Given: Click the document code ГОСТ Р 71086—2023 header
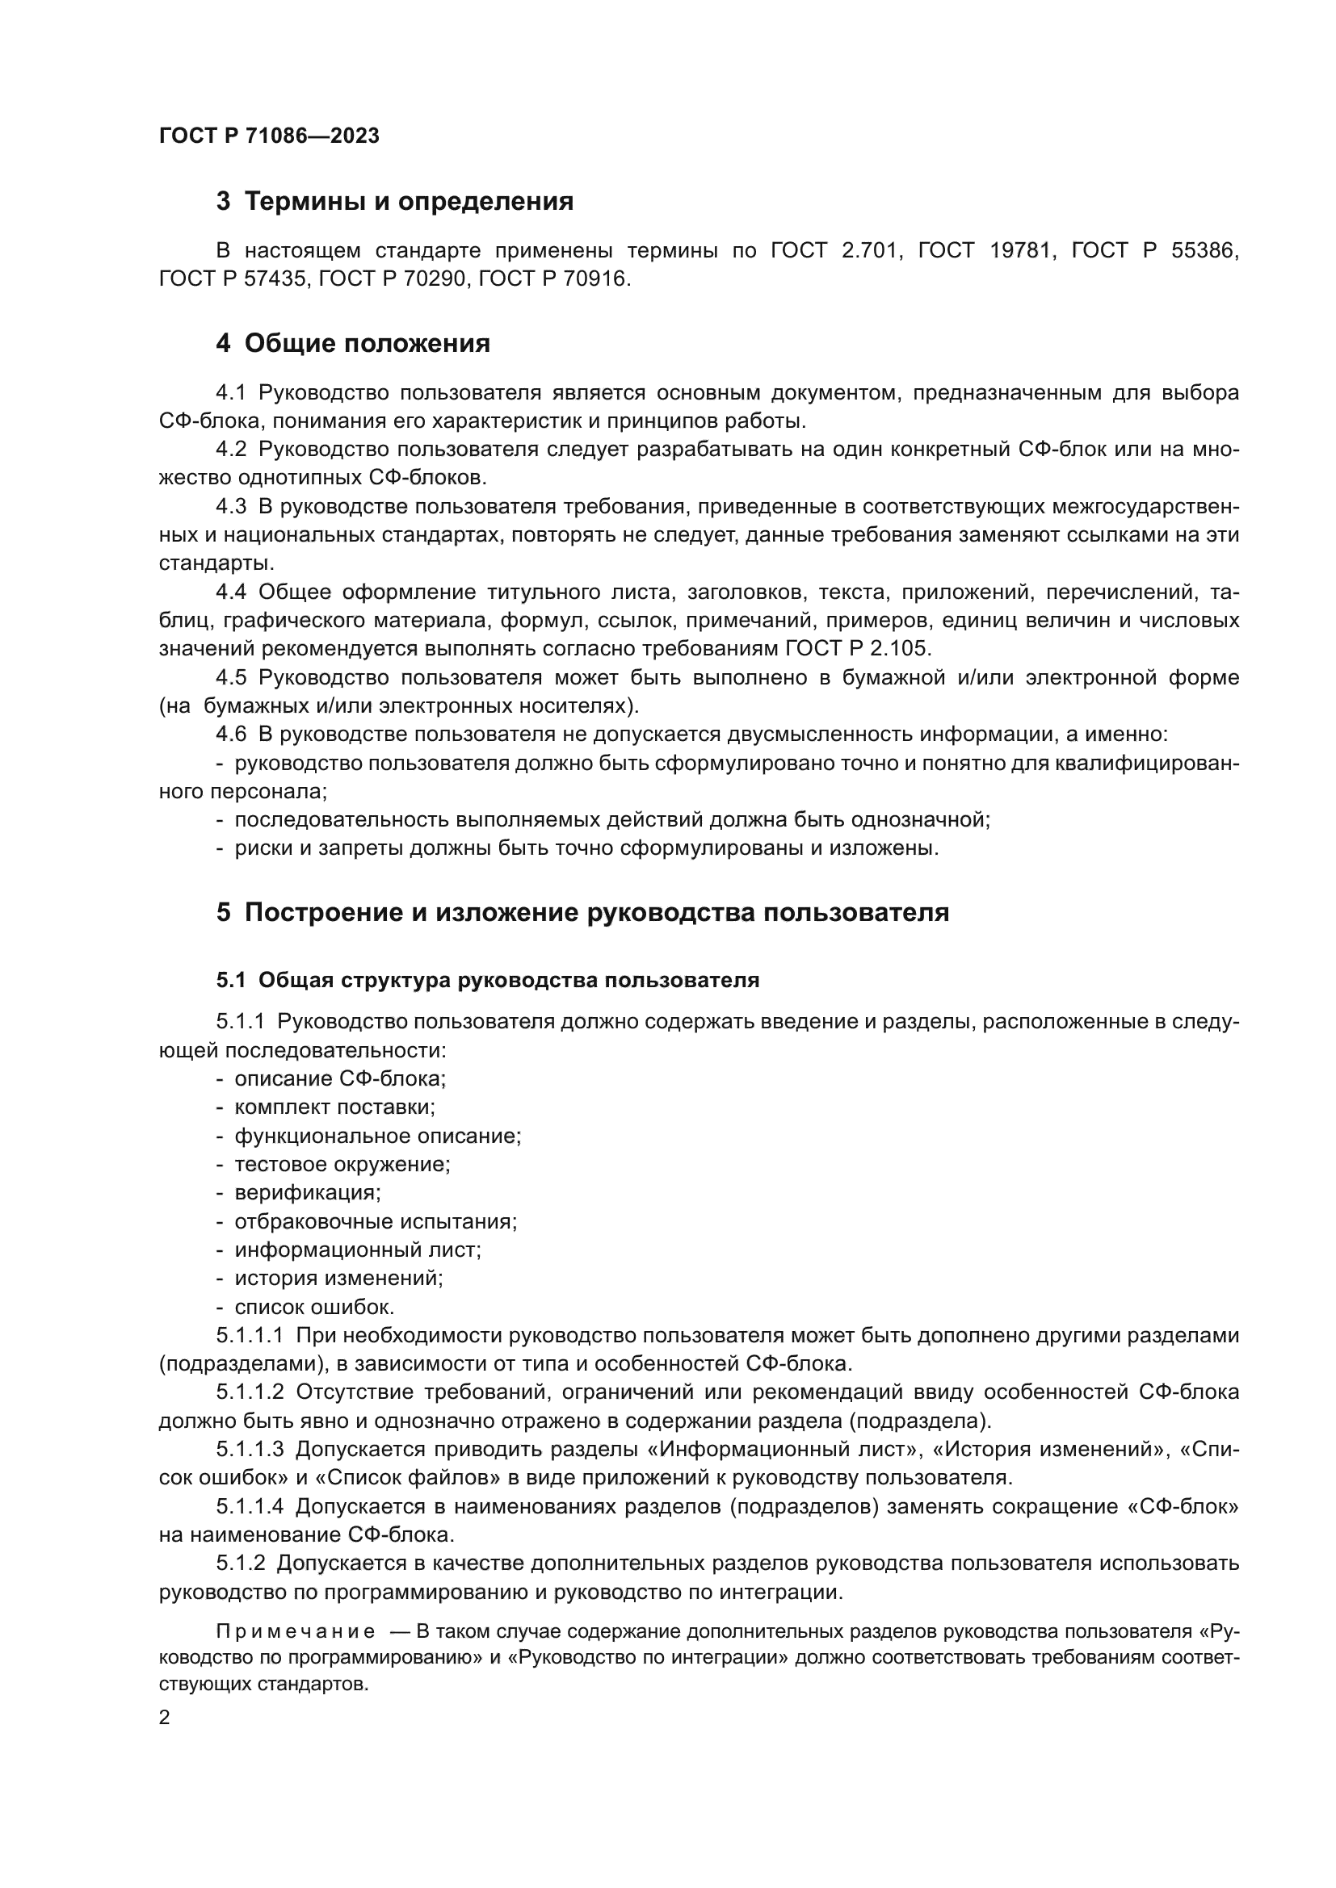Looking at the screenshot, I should pos(269,136).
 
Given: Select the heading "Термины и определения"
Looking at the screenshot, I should pos(409,202).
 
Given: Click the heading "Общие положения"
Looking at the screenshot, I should pos(367,344).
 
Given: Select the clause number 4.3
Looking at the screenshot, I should pos(230,507).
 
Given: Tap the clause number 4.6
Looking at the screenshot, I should pos(230,735).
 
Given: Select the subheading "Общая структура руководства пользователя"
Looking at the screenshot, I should pos(508,980).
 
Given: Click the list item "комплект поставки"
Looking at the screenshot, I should pos(334,1107).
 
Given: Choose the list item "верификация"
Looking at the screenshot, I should pos(308,1192).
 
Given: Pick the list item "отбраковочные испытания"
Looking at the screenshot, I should pos(375,1221).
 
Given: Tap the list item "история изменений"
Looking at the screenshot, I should pos(338,1278).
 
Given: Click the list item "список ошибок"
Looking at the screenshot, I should pos(314,1307).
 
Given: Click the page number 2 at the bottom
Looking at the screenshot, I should pos(165,1718).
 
